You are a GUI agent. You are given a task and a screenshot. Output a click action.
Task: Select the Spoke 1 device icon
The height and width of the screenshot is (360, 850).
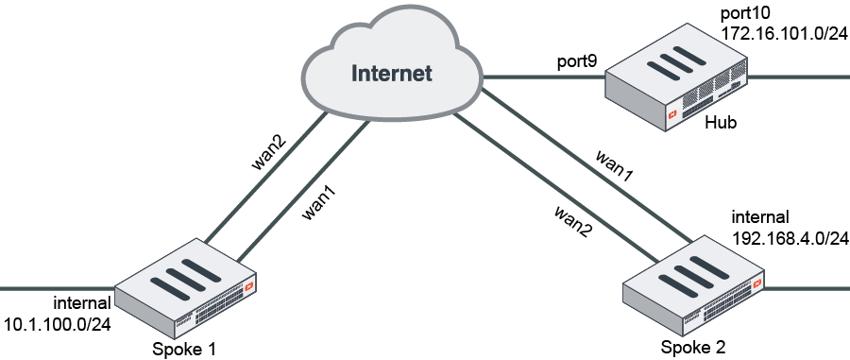coord(187,284)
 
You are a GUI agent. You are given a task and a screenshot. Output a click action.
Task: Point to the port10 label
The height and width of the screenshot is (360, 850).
coord(746,13)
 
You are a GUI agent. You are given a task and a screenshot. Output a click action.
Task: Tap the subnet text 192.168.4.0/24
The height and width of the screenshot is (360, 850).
coord(790,238)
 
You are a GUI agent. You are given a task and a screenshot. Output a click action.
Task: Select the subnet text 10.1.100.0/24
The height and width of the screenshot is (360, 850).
coord(58,324)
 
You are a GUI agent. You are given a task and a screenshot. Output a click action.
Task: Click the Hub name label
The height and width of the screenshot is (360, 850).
coord(720,124)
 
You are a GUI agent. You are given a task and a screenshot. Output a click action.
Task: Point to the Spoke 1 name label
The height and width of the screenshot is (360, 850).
coord(184,350)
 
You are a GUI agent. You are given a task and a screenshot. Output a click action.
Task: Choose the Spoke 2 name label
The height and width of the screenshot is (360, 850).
coord(693,347)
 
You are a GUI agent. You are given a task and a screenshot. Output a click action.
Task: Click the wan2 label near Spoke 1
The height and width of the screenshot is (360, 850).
coord(268,151)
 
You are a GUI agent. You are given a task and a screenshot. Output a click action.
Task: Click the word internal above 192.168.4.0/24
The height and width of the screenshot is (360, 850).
coord(759,217)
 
